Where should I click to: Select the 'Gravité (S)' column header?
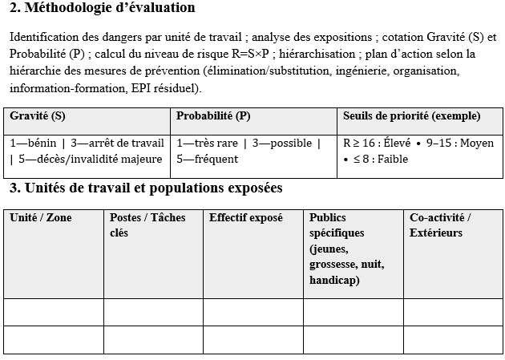coord(38,116)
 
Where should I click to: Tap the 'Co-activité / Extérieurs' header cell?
coord(440,225)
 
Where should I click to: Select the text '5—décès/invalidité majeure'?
coord(89,159)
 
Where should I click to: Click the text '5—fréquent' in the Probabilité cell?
coord(207,159)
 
